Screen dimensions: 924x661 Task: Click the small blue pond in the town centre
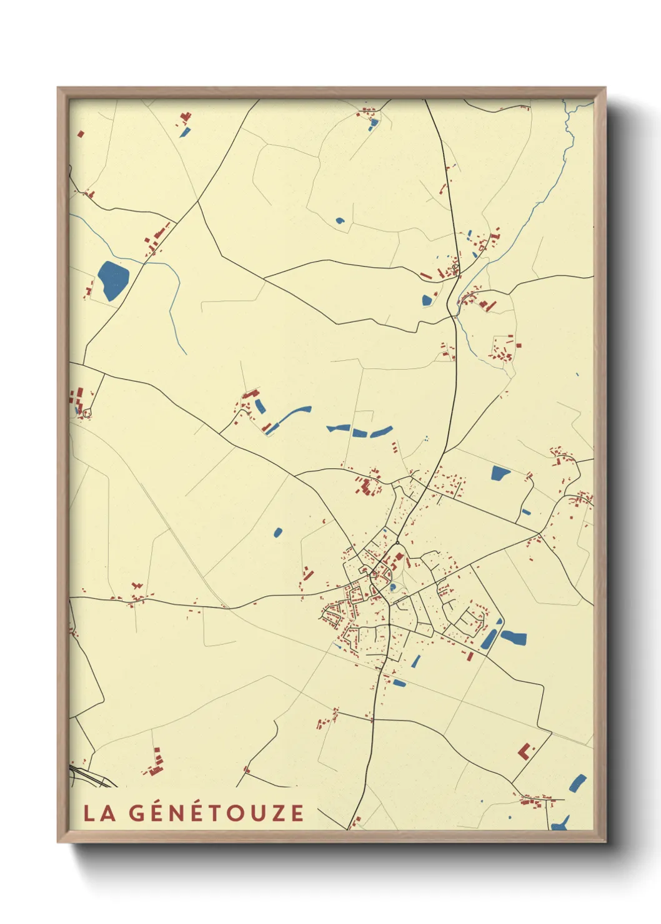pyautogui.click(x=392, y=587)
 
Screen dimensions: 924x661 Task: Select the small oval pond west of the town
pyautogui.click(x=278, y=533)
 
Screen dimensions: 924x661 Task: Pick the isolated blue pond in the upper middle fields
pyautogui.click(x=340, y=220)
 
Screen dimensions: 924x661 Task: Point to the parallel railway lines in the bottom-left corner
pyautogui.click(x=94, y=778)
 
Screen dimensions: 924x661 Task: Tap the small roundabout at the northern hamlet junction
pyautogui.click(x=455, y=269)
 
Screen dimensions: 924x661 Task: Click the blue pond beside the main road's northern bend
pyautogui.click(x=427, y=300)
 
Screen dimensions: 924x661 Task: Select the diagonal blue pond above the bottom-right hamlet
pyautogui.click(x=578, y=784)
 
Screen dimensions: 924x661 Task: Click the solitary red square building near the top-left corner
pyautogui.click(x=80, y=133)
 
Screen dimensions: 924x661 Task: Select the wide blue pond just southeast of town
pyautogui.click(x=514, y=638)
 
